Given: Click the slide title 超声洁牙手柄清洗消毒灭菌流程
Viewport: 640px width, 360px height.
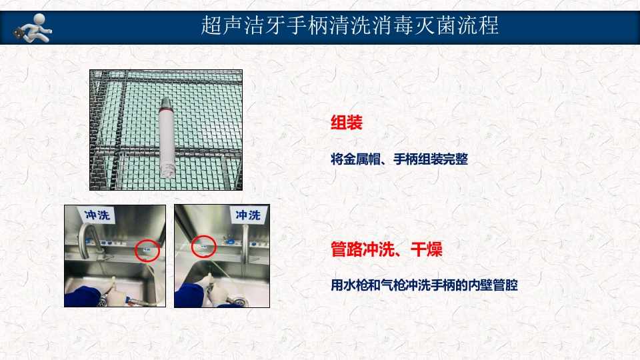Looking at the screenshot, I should click(x=350, y=27).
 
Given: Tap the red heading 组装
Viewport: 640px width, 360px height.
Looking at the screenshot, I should click(x=346, y=123).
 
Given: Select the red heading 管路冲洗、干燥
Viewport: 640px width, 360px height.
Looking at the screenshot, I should click(x=387, y=250).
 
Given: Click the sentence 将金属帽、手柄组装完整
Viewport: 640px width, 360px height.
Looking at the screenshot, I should click(x=399, y=160).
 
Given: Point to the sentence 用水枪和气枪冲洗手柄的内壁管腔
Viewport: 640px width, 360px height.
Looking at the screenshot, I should click(x=424, y=285).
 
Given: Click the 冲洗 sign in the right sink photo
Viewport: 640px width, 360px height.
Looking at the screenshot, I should click(x=248, y=215).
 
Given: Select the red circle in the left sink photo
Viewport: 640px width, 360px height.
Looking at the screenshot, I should click(x=147, y=250).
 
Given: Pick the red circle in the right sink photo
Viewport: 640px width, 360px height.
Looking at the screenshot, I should click(x=203, y=246).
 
